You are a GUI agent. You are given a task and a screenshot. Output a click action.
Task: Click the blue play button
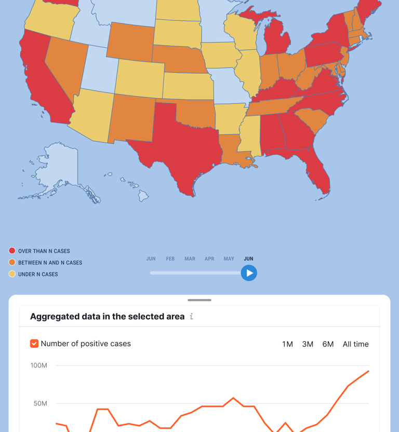pos(249,273)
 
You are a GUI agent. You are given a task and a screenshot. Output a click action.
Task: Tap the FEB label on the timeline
pos(170,259)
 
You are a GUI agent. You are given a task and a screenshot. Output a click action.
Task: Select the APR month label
pos(209,259)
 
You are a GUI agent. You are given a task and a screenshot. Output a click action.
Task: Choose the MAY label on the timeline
pos(229,259)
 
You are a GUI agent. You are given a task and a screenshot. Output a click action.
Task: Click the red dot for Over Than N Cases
pos(12,251)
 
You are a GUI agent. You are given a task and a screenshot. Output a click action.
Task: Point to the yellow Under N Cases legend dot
pos(12,274)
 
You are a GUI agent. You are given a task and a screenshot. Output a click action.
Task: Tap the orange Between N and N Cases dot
pos(12,263)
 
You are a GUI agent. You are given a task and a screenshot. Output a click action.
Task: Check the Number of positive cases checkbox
pos(34,344)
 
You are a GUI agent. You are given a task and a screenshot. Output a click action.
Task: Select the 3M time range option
pos(308,344)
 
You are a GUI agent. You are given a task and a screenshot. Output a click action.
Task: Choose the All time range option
pos(355,344)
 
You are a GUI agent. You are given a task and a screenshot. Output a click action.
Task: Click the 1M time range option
pos(287,344)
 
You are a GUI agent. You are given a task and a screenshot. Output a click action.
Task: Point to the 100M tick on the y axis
pos(39,366)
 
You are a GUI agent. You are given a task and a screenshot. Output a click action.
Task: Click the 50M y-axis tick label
pos(41,403)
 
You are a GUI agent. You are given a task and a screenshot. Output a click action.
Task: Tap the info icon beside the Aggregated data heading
pos(192,316)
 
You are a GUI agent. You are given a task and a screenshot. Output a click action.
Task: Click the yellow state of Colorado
pos(139,78)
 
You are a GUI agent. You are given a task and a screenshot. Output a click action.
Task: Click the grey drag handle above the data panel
pos(199,300)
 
